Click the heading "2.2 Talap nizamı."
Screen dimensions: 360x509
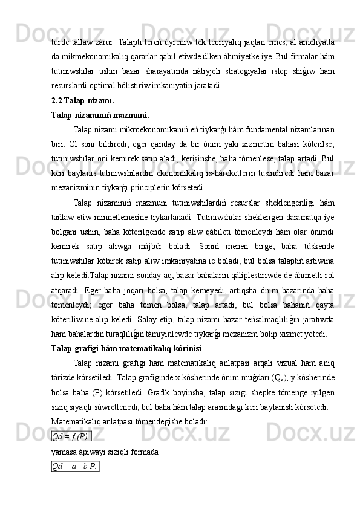83,100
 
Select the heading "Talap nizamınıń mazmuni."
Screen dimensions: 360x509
101,115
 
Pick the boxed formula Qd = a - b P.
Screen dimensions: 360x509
76,482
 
